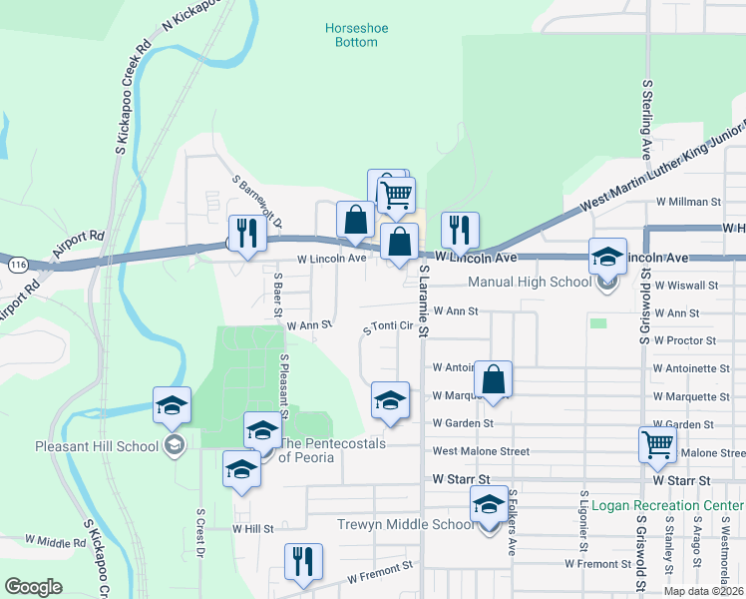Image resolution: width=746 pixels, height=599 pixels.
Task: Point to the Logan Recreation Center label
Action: (x=667, y=505)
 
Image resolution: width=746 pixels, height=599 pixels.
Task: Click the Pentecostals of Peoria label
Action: (x=332, y=450)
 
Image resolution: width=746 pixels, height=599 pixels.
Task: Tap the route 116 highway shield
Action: (x=15, y=267)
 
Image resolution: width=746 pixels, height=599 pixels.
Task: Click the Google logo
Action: (x=34, y=586)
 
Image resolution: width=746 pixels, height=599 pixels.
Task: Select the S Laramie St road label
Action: (x=424, y=299)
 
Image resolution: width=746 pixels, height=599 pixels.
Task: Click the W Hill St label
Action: (x=252, y=528)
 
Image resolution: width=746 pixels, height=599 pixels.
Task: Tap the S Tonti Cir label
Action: (x=389, y=326)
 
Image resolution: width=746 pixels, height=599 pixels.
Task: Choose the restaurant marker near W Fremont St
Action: (x=300, y=561)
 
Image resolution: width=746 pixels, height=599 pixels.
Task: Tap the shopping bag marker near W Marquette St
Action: (x=493, y=378)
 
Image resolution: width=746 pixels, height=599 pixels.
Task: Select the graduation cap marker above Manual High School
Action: (x=605, y=256)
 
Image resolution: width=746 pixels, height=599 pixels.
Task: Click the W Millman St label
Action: (x=687, y=202)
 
